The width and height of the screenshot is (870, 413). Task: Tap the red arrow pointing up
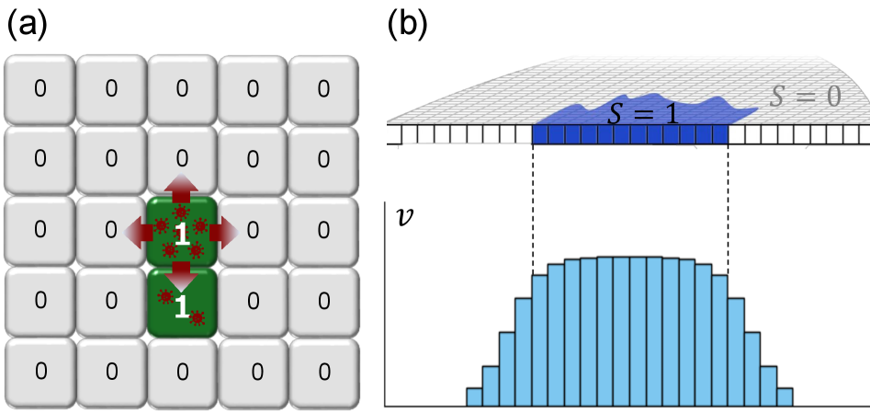(182, 187)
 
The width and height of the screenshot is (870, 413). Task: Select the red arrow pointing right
(223, 232)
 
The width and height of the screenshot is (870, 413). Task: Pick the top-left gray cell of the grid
(40, 88)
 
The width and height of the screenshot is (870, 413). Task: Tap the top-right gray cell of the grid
(323, 88)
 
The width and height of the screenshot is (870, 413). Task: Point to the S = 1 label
(633, 115)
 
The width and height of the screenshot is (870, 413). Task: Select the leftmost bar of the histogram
(474, 396)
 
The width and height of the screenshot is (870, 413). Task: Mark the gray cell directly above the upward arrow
(182, 158)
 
